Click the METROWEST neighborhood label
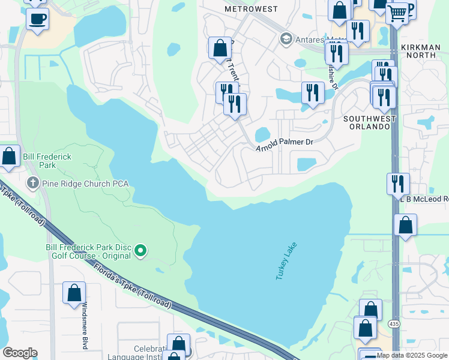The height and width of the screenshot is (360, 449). click(251, 9)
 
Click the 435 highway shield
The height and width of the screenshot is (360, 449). click(394, 324)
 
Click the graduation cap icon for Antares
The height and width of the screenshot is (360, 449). click(286, 40)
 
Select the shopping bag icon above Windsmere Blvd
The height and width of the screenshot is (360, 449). click(74, 293)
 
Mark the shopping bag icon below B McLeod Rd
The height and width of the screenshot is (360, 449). click(406, 225)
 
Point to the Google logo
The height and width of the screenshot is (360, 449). click(20, 353)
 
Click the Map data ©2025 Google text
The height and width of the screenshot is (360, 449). click(412, 355)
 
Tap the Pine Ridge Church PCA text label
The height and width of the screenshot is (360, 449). click(85, 183)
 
